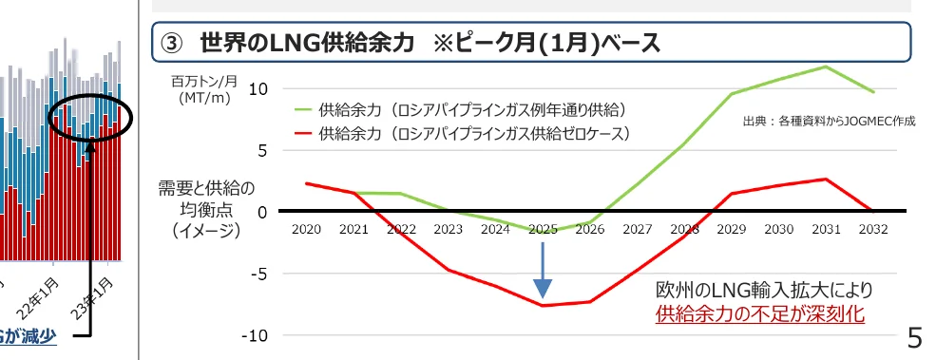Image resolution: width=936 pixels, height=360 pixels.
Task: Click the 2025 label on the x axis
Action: [x=543, y=229]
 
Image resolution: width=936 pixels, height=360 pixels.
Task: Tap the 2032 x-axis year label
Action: [x=873, y=229]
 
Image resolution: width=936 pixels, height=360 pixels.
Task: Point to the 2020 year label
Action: [x=306, y=229]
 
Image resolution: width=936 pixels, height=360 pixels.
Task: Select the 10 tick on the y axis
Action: [x=259, y=89]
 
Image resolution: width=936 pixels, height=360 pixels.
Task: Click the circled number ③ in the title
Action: [x=173, y=43]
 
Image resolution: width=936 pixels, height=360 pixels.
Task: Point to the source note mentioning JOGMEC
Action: [x=827, y=122]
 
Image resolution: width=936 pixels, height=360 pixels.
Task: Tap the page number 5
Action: [x=915, y=337]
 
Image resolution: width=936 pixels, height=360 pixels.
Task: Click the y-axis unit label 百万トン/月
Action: [x=203, y=82]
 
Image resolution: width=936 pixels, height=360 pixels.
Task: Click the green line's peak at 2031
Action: [x=826, y=66]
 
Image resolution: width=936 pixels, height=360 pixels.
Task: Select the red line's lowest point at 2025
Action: [x=543, y=305]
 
